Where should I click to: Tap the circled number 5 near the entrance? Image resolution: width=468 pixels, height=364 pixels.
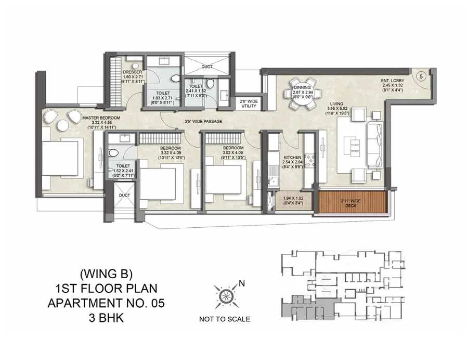click(421, 76)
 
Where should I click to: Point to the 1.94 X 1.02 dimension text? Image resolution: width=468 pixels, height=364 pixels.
click(290, 199)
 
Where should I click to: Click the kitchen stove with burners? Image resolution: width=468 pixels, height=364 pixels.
click(311, 161)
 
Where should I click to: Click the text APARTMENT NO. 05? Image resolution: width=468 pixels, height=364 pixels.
click(107, 302)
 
